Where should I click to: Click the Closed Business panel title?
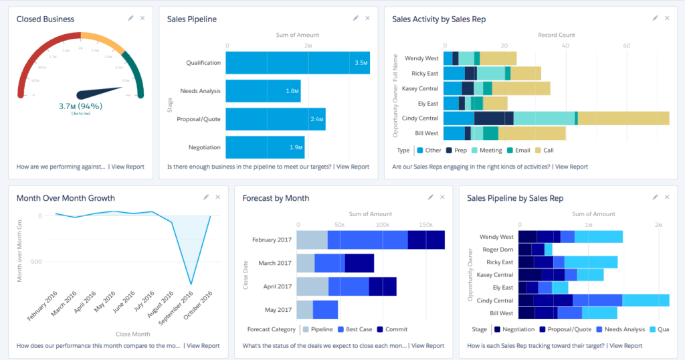[45, 19]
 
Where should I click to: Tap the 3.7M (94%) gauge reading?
[80, 106]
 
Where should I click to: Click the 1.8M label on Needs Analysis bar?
[291, 91]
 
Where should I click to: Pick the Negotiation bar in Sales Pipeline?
[265, 147]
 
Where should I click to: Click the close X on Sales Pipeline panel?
[367, 18]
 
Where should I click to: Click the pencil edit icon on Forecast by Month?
[431, 197]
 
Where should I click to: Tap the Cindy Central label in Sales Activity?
[419, 118]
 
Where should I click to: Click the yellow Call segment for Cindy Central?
[623, 118]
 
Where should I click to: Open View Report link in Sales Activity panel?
[571, 167]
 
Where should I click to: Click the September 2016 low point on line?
[191, 284]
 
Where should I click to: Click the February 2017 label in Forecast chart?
[272, 240]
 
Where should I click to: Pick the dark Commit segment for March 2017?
[359, 263]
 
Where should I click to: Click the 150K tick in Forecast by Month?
[426, 225]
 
